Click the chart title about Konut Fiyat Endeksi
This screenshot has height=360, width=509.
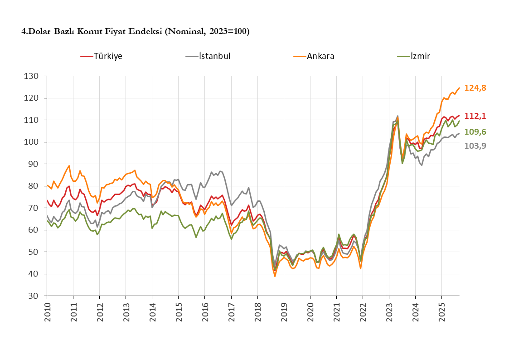(x=136, y=31)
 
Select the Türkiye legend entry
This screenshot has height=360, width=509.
(x=108, y=56)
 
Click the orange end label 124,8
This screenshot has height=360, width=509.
(x=475, y=88)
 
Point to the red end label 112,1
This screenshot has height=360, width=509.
(x=475, y=117)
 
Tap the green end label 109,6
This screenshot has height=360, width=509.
(x=475, y=132)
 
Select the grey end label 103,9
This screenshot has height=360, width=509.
(x=475, y=146)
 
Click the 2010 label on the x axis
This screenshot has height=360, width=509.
(x=47, y=312)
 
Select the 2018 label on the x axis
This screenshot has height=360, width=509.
(x=257, y=312)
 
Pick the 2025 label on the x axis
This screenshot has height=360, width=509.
(x=442, y=312)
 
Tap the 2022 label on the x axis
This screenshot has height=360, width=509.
(x=363, y=312)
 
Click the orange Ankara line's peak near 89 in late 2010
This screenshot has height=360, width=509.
(x=69, y=165)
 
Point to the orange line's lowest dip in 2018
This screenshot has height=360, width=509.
(x=275, y=276)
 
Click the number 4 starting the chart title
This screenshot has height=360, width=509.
(x=24, y=31)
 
